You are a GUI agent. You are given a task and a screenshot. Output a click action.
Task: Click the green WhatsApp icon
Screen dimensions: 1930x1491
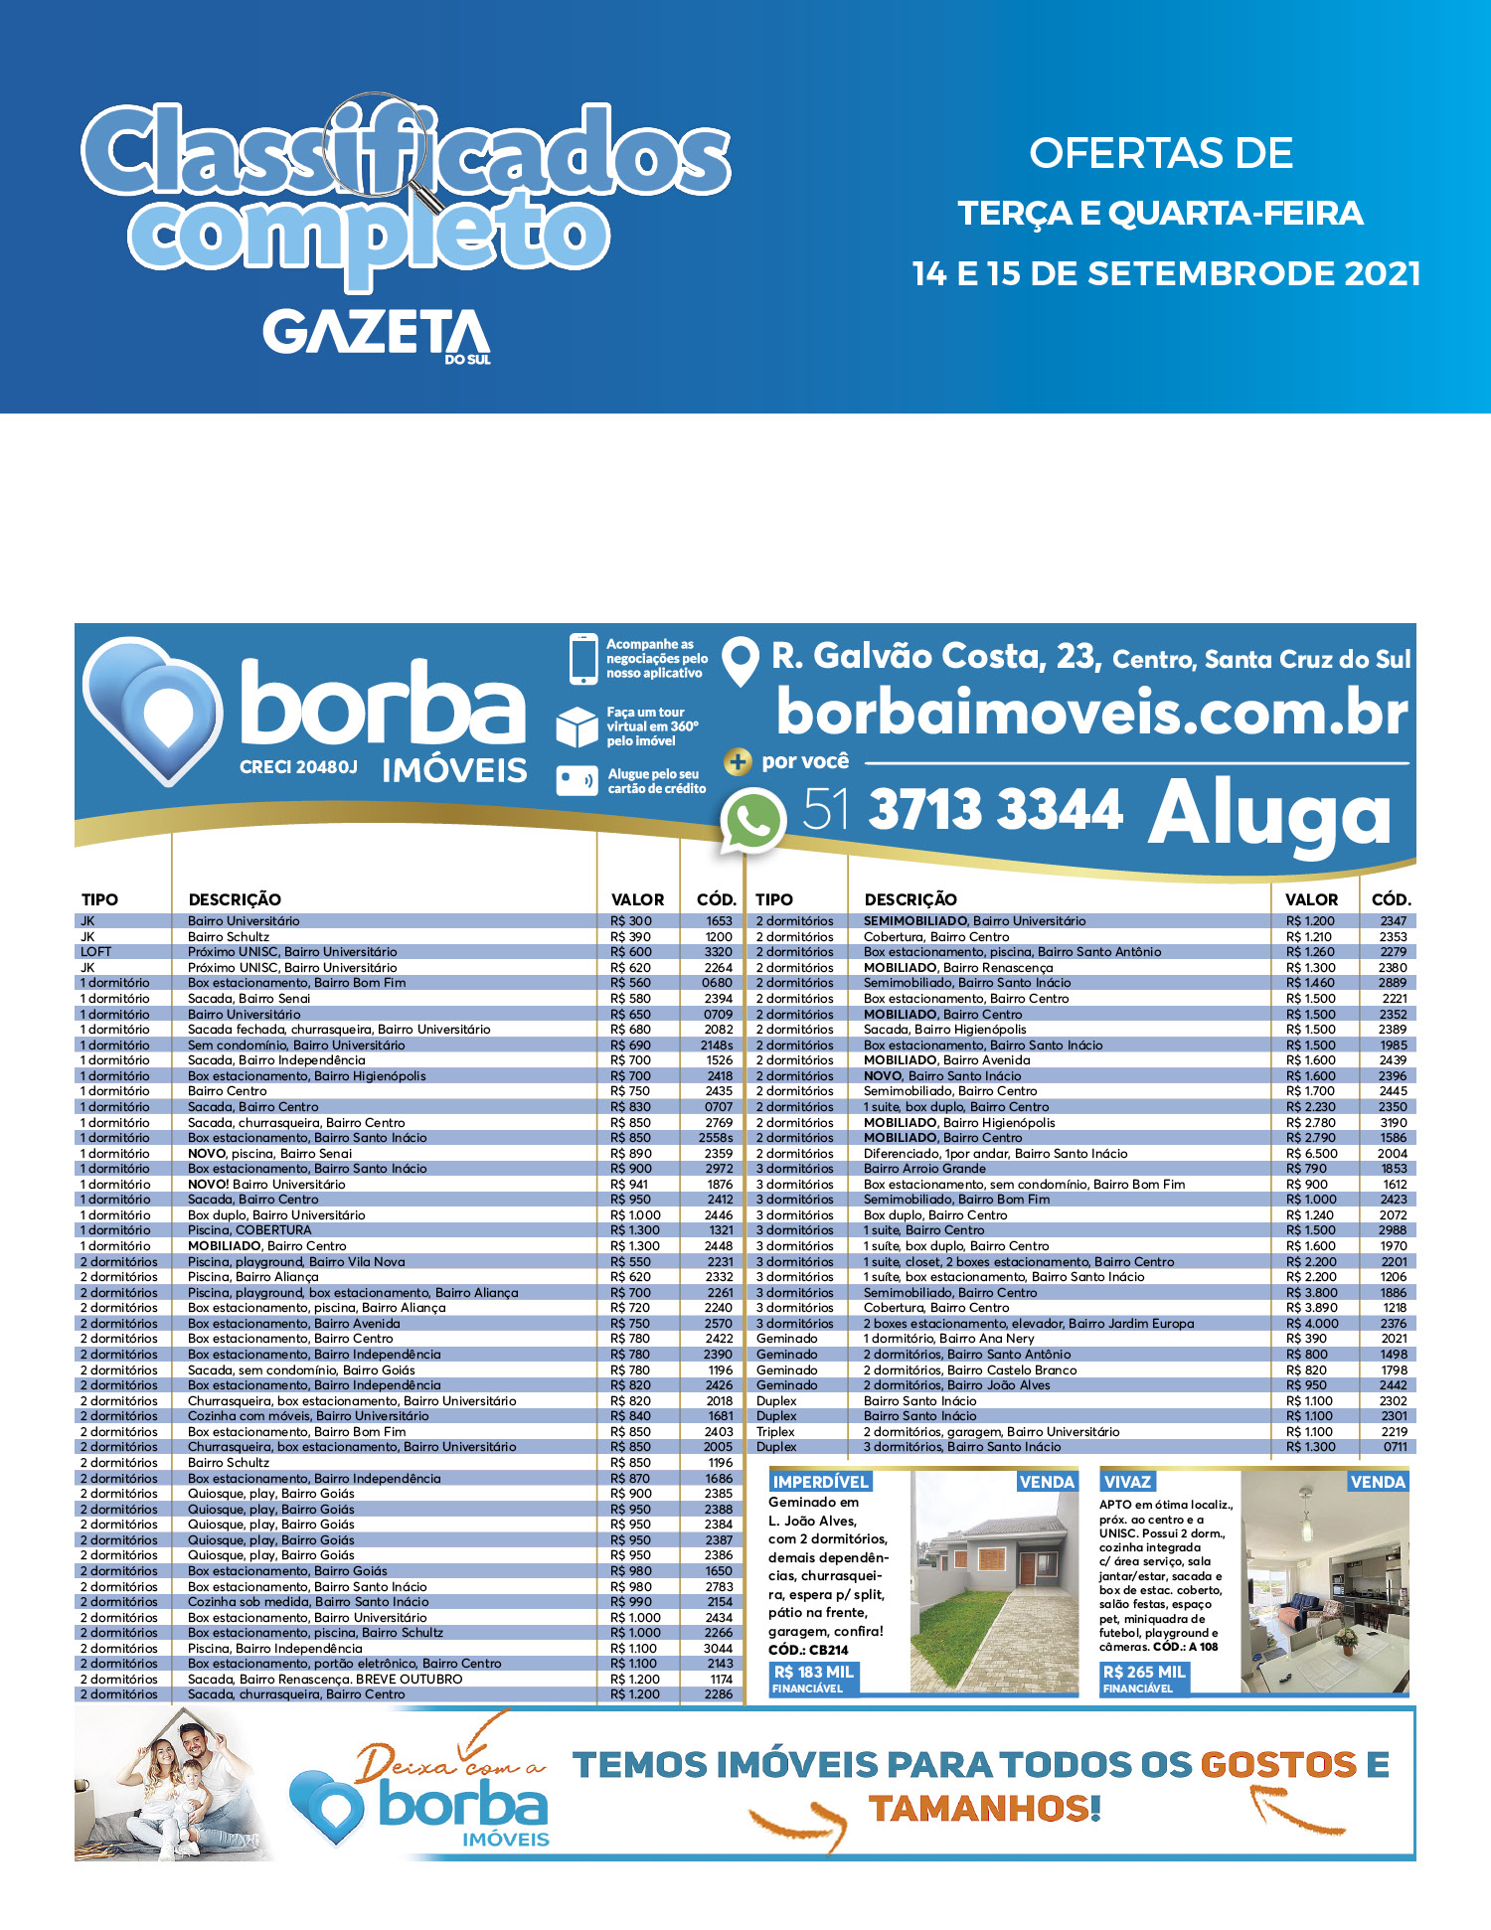coord(752,820)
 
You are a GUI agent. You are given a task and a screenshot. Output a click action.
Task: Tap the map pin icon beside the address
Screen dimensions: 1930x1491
coord(740,661)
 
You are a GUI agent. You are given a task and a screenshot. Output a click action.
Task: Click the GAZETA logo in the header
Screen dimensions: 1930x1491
coord(377,334)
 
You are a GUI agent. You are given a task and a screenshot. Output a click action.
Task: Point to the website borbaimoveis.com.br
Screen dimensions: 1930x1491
coord(1091,713)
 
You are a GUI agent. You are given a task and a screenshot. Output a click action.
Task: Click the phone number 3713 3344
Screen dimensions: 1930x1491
coord(996,809)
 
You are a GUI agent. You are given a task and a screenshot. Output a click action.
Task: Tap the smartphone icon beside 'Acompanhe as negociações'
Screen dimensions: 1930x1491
coord(582,659)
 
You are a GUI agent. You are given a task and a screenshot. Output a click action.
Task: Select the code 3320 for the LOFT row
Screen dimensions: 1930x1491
coord(718,952)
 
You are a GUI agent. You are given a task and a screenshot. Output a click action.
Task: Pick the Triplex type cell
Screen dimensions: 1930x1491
coord(775,1432)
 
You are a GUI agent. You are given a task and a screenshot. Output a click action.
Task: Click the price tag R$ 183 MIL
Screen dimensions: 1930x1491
coord(813,1672)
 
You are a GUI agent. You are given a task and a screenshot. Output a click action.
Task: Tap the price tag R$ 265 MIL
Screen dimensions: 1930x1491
coord(1144,1672)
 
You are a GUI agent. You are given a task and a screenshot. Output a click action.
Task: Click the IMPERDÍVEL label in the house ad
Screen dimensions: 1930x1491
coord(821,1482)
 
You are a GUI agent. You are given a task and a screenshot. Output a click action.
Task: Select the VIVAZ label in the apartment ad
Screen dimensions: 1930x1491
coord(1127,1482)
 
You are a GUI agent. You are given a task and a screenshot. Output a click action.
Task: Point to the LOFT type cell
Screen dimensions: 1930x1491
coord(96,952)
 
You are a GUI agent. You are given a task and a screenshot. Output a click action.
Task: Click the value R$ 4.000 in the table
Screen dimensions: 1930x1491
coord(1312,1324)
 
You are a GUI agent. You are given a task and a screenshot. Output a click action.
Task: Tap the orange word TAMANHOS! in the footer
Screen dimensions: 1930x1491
coord(984,1808)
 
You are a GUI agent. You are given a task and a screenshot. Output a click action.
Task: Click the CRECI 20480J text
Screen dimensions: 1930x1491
coord(298,767)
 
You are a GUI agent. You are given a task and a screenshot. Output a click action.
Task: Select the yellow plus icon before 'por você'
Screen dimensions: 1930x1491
coord(738,762)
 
